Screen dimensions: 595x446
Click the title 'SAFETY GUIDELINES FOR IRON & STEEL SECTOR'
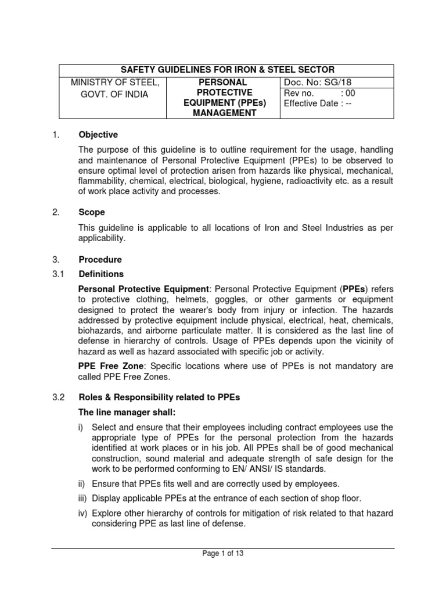click(226, 70)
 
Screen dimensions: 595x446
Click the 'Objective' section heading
click(98, 135)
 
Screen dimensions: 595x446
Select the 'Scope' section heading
click(92, 213)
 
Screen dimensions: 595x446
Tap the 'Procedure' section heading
click(100, 260)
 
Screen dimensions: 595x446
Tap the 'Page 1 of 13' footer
click(223, 554)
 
